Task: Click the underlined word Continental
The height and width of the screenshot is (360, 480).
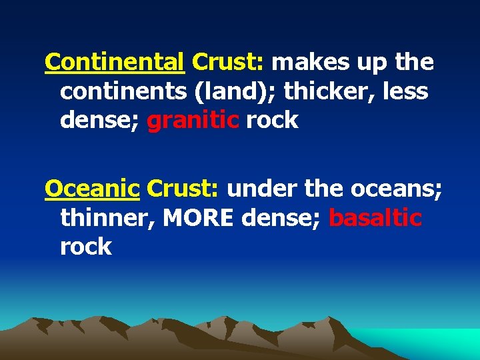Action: point(114,62)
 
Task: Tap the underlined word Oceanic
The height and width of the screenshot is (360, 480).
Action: point(92,189)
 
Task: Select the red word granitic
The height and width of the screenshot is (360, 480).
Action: point(193,121)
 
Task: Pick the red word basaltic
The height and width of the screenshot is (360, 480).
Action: point(375,218)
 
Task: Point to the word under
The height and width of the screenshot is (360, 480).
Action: point(262,189)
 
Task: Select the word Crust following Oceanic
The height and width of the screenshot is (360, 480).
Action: point(183,189)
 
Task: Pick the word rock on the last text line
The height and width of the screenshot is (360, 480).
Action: point(86,247)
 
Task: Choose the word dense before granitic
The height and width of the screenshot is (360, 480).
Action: point(97,121)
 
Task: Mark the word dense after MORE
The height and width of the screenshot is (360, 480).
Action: point(283,218)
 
